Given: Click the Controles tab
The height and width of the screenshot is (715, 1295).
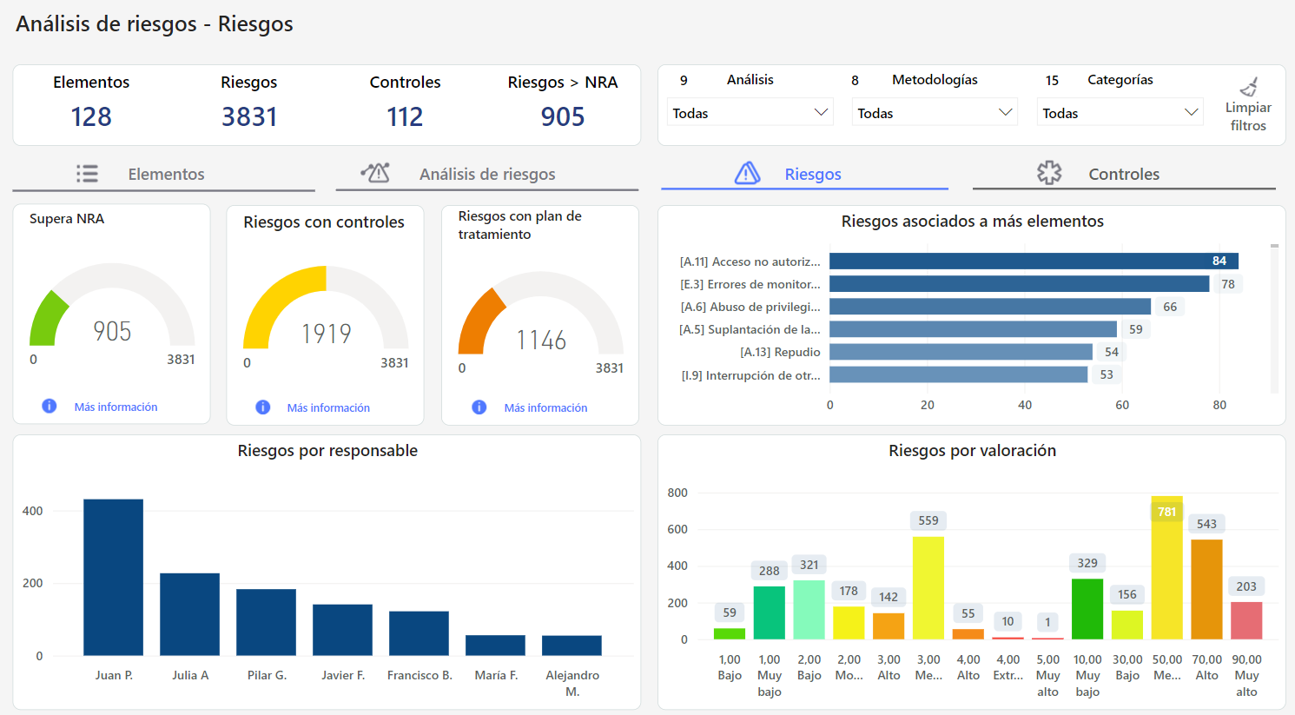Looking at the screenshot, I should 1123,174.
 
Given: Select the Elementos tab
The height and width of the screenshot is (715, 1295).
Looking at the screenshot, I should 165,174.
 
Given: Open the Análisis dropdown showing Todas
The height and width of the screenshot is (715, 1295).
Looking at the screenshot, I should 750,113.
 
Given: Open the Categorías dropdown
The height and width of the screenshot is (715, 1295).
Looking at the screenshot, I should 1120,113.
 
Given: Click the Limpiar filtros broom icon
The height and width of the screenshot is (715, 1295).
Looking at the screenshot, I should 1249,87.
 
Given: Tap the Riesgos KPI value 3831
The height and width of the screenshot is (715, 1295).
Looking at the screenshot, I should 249,116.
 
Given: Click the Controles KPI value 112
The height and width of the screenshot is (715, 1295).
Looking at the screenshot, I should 405,116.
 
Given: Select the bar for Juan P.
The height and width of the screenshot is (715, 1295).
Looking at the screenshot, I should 113,577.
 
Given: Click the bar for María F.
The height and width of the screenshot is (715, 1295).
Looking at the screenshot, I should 495,645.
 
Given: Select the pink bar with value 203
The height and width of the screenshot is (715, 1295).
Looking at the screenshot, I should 1246,620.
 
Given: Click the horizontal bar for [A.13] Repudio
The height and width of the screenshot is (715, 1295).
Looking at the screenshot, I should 961,352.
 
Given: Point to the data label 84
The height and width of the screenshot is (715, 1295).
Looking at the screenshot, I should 1219,261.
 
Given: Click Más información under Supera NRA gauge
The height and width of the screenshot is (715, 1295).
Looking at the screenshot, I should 116,407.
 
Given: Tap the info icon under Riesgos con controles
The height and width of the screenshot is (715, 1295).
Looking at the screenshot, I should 263,407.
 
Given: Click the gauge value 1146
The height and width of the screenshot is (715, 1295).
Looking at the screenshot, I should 541,340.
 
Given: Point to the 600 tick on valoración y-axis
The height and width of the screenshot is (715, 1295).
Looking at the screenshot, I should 677,529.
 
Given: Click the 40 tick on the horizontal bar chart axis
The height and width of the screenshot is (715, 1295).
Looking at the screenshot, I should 1025,405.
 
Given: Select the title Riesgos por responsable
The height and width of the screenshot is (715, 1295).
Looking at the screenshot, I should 327,450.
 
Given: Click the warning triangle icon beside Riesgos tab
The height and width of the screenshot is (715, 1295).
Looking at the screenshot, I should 747,173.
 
